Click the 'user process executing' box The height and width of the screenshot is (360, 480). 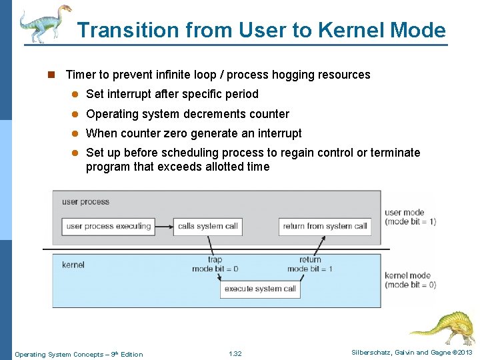109,226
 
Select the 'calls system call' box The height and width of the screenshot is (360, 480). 207,226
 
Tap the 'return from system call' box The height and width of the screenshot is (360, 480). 325,226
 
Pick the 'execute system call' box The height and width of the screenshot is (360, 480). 260,289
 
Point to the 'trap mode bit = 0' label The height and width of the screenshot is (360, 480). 215,265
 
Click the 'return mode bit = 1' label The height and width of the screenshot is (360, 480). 310,265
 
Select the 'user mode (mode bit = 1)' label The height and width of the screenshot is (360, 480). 410,217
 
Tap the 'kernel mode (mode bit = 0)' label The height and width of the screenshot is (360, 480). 410,280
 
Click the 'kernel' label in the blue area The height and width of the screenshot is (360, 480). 73,265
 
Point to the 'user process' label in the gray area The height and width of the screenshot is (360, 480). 85,201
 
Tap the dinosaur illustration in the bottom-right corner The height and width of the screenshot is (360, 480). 443,326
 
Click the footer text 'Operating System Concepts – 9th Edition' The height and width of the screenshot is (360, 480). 79,354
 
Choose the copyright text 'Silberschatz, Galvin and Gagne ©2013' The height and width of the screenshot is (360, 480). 411,353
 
